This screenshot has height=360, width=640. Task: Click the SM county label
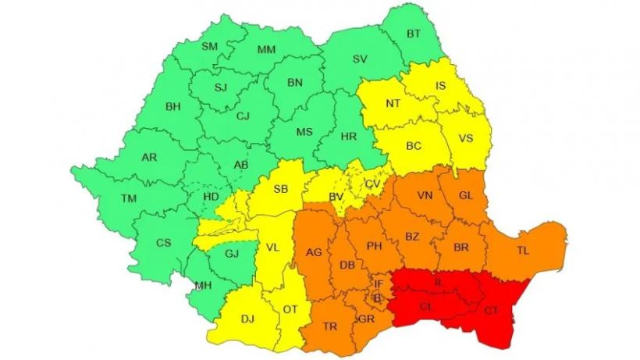(x=210, y=46)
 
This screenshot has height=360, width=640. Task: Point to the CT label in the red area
(x=492, y=310)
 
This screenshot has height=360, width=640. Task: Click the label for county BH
(x=172, y=107)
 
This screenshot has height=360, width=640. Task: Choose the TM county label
(x=129, y=198)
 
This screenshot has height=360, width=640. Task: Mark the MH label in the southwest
(x=204, y=285)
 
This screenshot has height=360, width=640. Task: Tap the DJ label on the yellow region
(x=247, y=319)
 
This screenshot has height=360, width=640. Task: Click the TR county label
(x=330, y=326)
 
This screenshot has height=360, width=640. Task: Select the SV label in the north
(x=360, y=59)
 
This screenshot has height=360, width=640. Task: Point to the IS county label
(x=441, y=85)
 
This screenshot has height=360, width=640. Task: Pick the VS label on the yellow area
(x=466, y=138)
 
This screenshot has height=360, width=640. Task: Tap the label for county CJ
(x=243, y=116)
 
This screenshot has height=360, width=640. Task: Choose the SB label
(x=281, y=188)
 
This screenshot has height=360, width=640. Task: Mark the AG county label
(x=314, y=251)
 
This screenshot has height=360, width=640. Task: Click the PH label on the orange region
(x=374, y=246)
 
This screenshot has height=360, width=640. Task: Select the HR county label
(x=349, y=136)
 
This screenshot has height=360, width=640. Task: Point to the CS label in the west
(x=163, y=243)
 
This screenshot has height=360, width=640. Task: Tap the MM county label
(x=267, y=49)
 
